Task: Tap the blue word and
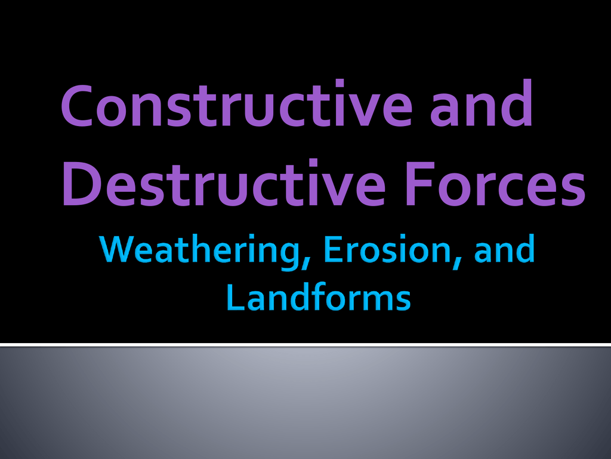pos(505,249)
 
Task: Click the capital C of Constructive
pos(76,105)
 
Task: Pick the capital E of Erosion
pos(332,249)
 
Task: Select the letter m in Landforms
pos(376,301)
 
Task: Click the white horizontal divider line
pos(305,345)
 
